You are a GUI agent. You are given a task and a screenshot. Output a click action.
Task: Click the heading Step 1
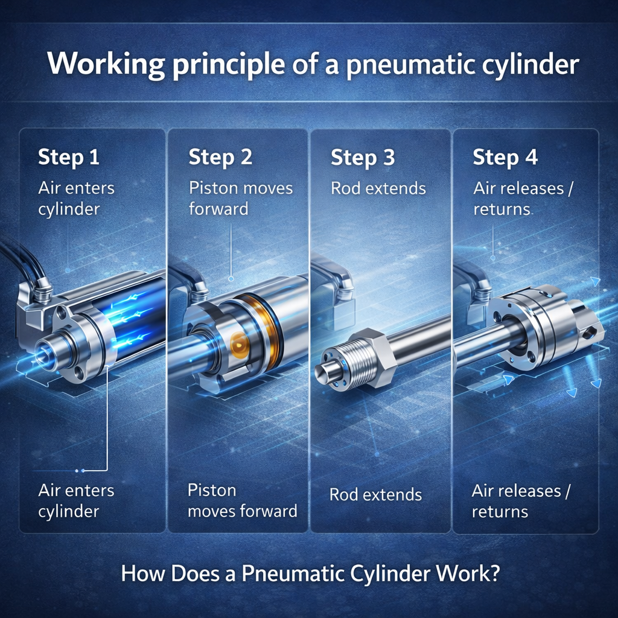(x=69, y=157)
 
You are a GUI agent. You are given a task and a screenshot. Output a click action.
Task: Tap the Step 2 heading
(x=220, y=158)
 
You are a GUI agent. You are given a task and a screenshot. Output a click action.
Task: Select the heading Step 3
(x=363, y=158)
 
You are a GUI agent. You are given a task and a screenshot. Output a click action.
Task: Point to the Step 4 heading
(x=505, y=158)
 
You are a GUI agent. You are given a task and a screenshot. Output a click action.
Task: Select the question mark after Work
(x=494, y=573)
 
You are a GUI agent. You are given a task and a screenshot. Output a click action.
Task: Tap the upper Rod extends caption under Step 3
(x=378, y=188)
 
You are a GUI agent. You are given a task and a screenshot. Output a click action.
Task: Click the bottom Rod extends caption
(x=375, y=495)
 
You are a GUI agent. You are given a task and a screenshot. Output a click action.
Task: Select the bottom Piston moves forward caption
(x=243, y=500)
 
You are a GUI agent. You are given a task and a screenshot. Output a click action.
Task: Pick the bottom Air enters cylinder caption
(x=77, y=501)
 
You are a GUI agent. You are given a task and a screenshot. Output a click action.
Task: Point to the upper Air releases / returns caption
(x=523, y=199)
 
